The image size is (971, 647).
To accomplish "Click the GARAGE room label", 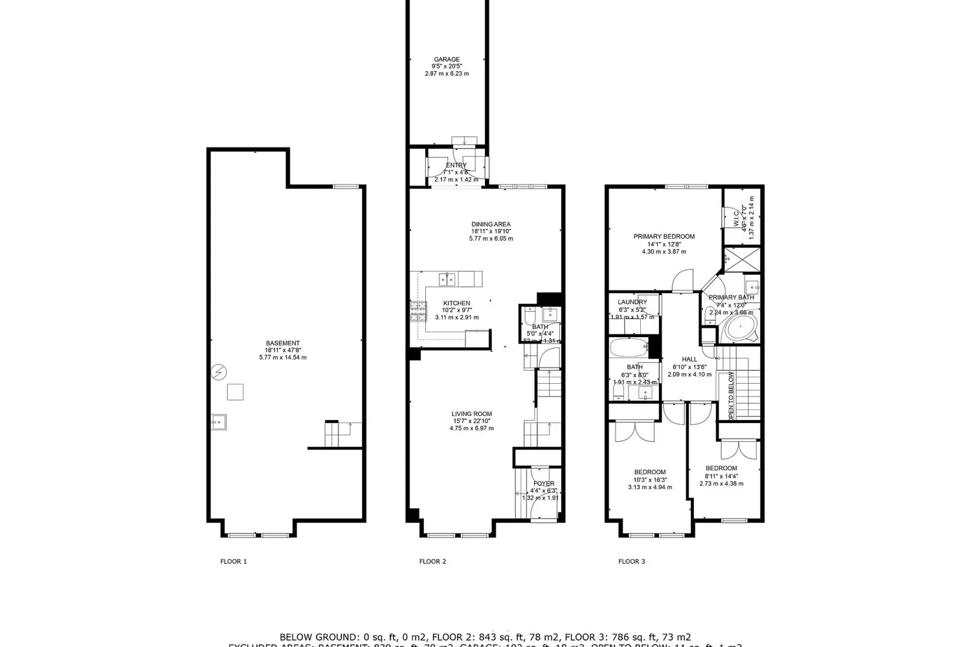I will pyautogui.click(x=447, y=60).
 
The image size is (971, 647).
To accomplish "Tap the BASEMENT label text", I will pyautogui.click(x=283, y=344).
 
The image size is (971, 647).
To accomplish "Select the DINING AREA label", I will pyautogui.click(x=491, y=225).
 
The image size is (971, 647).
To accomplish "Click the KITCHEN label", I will pyautogui.click(x=456, y=303).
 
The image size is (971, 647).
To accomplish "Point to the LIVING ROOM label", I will pyautogui.click(x=471, y=414).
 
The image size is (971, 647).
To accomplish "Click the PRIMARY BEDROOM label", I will pyautogui.click(x=664, y=237).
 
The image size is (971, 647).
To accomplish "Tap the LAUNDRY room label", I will pyautogui.click(x=632, y=302).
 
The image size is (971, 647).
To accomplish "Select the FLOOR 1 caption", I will pyautogui.click(x=234, y=562).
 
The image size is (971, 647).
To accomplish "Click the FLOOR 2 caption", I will pyautogui.click(x=432, y=562).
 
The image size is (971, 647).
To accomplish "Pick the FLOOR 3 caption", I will pyautogui.click(x=631, y=562).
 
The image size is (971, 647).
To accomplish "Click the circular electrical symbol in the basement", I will pyautogui.click(x=219, y=372).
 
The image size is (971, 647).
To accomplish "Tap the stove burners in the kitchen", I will pyautogui.click(x=418, y=312).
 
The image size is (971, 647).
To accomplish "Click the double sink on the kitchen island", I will pyautogui.click(x=447, y=280).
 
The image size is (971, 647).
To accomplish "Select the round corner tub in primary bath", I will pyautogui.click(x=739, y=328).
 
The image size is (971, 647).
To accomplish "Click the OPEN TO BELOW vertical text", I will pyautogui.click(x=731, y=396).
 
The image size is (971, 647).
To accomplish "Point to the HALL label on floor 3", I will pyautogui.click(x=689, y=360).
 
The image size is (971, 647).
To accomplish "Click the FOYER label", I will pyautogui.click(x=544, y=484).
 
